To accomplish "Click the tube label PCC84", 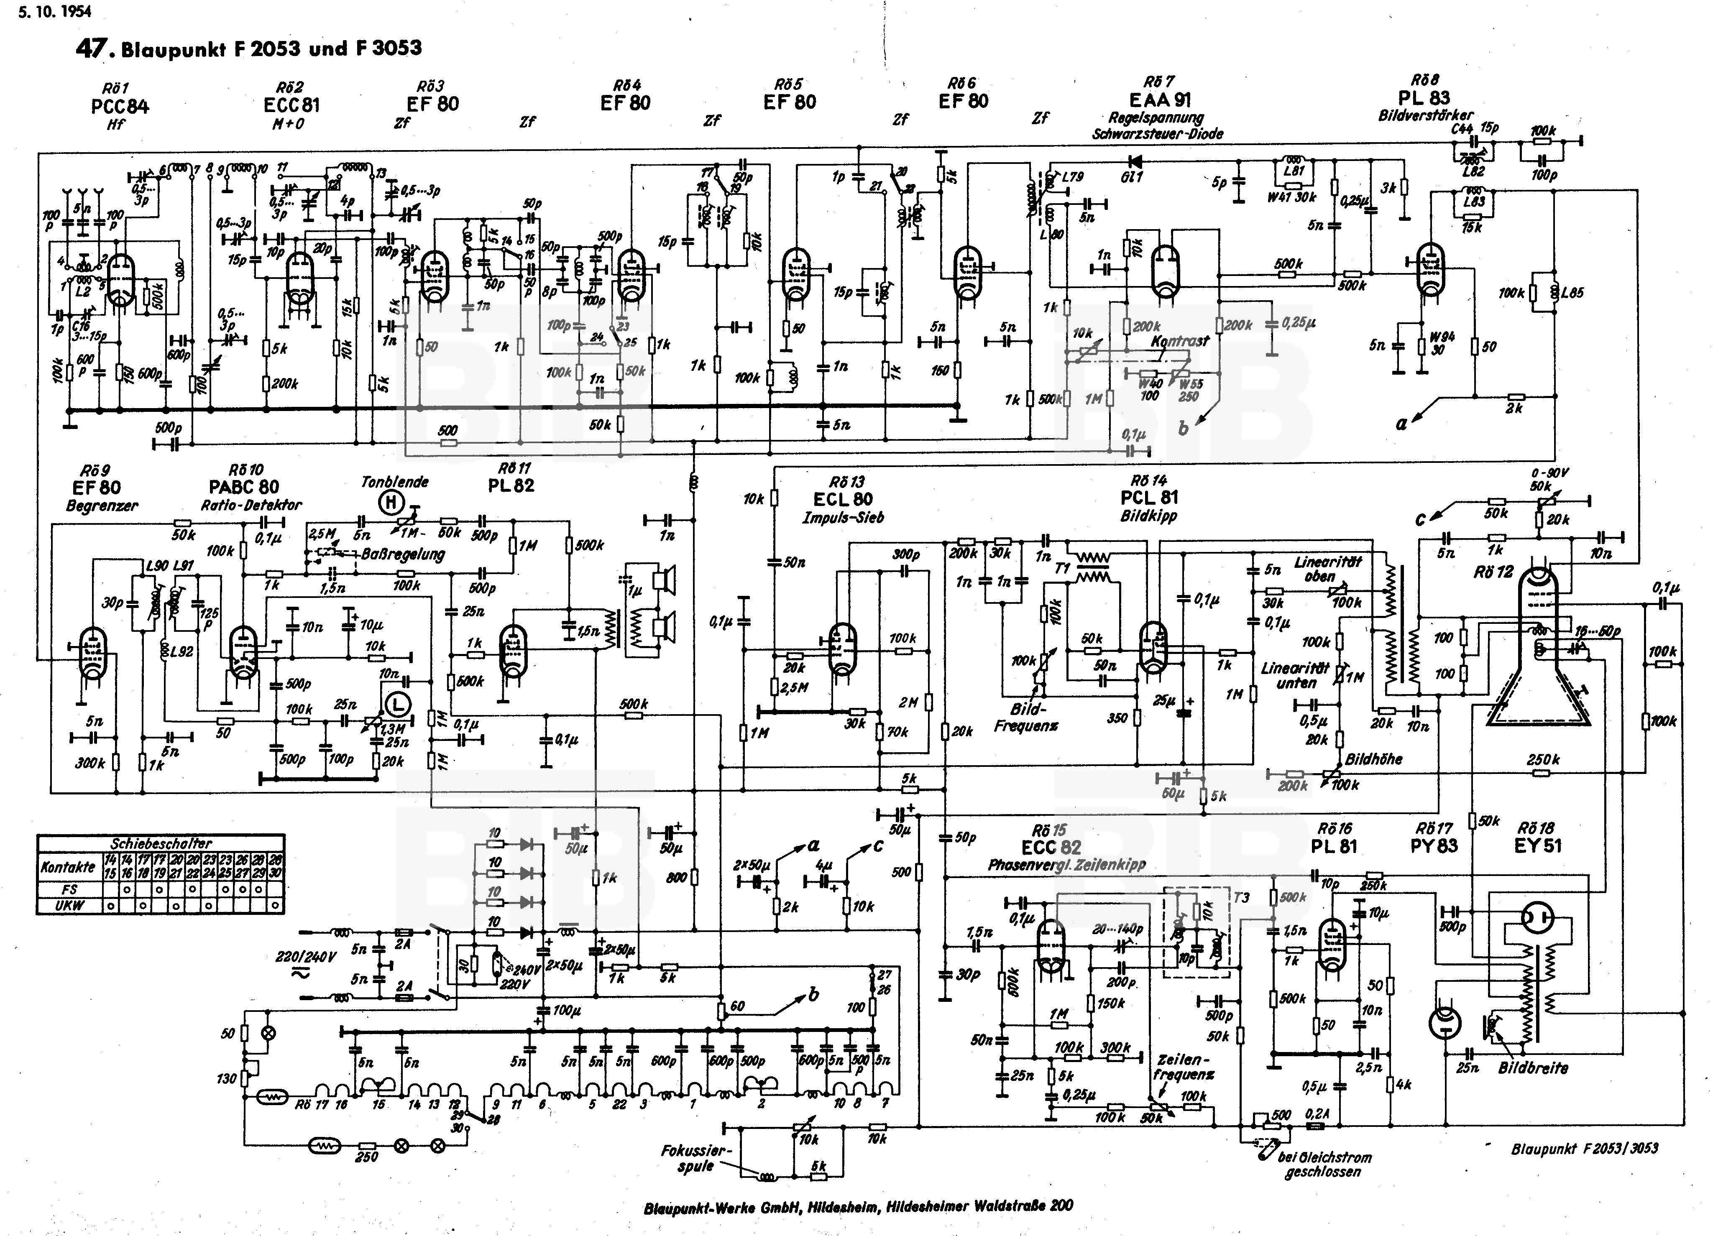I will (x=119, y=107).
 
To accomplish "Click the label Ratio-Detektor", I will (x=251, y=505).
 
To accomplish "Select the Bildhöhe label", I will (x=1373, y=759).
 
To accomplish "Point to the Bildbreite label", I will (x=1533, y=1068).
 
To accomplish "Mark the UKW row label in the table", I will (x=69, y=905).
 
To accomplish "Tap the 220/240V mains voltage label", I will (x=305, y=958).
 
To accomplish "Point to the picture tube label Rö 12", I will (x=1493, y=572).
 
